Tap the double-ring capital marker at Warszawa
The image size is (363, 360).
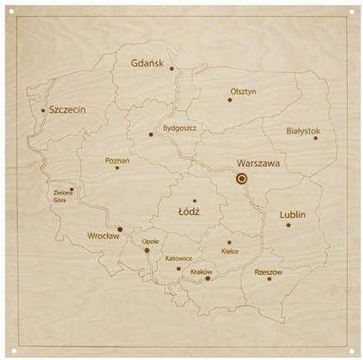pyautogui.click(x=241, y=178)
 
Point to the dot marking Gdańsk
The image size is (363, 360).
pyautogui.click(x=172, y=69)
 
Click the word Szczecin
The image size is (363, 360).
pyautogui.click(x=68, y=109)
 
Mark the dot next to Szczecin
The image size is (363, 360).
pyautogui.click(x=44, y=109)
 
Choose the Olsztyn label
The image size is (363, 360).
pyautogui.click(x=243, y=92)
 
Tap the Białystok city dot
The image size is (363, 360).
pyautogui.click(x=315, y=138)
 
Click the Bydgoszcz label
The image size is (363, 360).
pyautogui.click(x=179, y=129)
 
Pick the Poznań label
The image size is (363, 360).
pyautogui.click(x=117, y=159)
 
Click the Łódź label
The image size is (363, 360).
pyautogui.click(x=189, y=213)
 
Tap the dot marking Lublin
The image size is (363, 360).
pyautogui.click(x=288, y=224)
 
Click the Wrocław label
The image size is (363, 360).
pyautogui.click(x=104, y=236)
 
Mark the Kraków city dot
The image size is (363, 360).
pyautogui.click(x=208, y=278)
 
